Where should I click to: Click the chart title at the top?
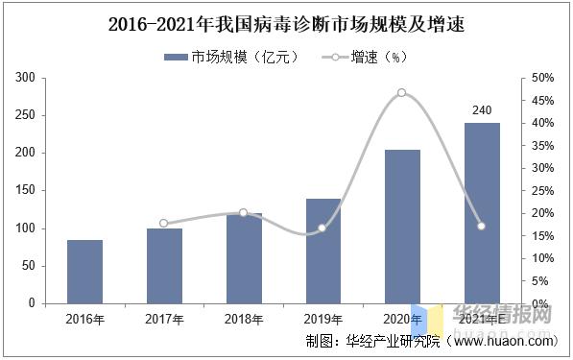click(x=286, y=24)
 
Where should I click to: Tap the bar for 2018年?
click(x=244, y=258)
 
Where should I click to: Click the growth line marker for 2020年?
click(x=401, y=93)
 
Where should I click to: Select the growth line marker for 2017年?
click(x=164, y=223)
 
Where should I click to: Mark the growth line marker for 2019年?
click(x=322, y=228)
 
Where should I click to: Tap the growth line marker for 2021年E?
click(x=482, y=227)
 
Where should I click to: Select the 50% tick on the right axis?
click(x=542, y=78)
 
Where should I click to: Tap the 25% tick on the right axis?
click(x=542, y=191)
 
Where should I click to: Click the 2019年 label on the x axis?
click(x=322, y=319)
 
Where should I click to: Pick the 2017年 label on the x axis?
click(x=164, y=319)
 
